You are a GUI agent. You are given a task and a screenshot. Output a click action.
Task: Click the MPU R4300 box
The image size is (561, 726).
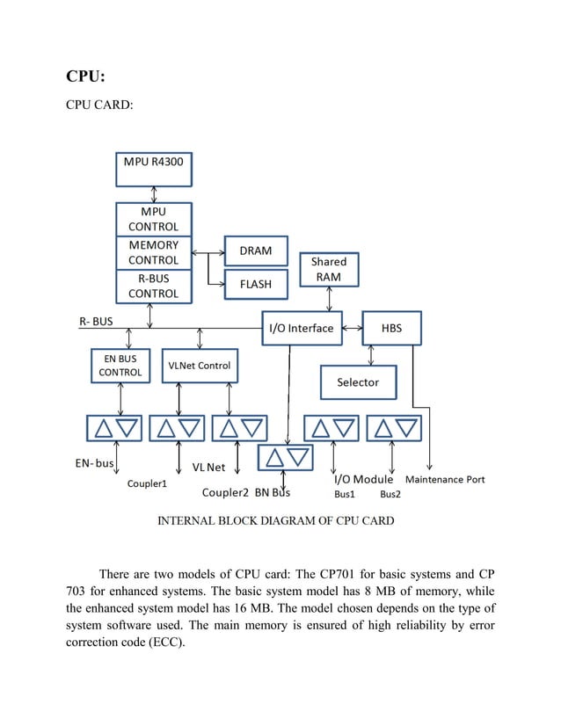(x=154, y=169)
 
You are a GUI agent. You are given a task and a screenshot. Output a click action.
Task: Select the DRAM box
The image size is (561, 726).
(x=256, y=250)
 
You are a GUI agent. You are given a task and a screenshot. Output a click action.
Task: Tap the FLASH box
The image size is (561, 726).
(x=256, y=284)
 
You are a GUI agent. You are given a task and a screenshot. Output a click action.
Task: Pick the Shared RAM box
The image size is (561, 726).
(x=329, y=269)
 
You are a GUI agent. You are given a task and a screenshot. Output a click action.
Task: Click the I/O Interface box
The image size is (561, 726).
(x=301, y=328)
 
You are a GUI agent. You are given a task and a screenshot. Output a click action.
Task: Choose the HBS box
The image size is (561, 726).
(x=392, y=328)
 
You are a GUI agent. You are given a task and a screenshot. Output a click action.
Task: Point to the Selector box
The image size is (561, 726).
(x=358, y=382)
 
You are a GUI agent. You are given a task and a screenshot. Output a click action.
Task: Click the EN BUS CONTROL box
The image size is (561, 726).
(x=120, y=366)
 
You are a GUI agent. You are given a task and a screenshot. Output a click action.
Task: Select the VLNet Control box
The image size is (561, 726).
(x=200, y=366)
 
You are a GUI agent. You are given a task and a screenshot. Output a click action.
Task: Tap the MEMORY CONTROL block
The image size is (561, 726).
(x=154, y=252)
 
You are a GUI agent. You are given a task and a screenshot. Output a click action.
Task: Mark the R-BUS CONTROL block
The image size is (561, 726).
(x=154, y=286)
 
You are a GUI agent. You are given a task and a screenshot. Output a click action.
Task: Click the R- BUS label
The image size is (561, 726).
(x=91, y=322)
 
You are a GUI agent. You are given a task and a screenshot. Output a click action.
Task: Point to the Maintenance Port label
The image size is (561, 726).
(x=444, y=480)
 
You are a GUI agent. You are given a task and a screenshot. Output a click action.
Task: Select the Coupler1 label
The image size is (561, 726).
(x=147, y=483)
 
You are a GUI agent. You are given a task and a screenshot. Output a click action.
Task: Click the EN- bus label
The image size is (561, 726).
(x=92, y=463)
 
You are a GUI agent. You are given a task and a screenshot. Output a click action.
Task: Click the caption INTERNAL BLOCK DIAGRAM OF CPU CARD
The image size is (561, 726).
(x=275, y=520)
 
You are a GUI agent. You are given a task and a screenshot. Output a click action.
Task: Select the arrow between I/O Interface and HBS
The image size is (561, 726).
(x=351, y=328)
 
